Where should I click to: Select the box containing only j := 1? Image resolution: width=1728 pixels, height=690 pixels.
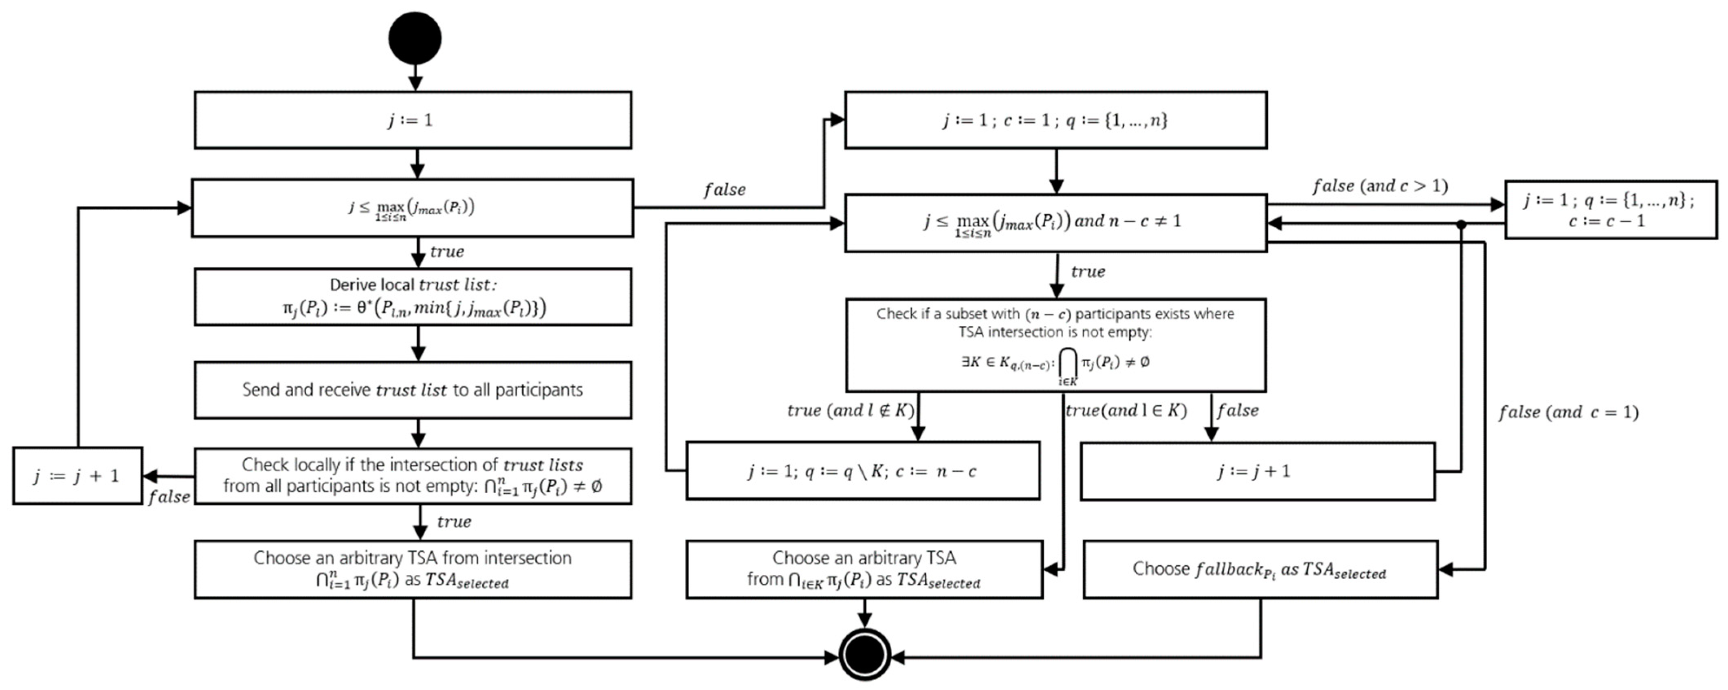(x=413, y=120)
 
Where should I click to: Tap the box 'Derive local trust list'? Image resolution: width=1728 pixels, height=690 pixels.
(x=413, y=297)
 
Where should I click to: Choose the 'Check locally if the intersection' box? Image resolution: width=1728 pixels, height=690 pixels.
(x=413, y=475)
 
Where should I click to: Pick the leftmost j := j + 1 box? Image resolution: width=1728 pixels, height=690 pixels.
(x=77, y=475)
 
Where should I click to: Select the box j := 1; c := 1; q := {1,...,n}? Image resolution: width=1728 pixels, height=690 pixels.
(x=1055, y=120)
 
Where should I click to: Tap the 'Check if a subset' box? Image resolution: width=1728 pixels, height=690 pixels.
(x=1055, y=345)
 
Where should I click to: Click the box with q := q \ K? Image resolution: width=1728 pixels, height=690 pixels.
(x=863, y=471)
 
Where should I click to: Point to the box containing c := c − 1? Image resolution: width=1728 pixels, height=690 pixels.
(x=1610, y=209)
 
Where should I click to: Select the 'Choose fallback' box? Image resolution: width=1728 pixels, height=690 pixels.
(x=1260, y=569)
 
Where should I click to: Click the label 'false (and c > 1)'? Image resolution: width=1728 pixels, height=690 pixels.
(x=1380, y=186)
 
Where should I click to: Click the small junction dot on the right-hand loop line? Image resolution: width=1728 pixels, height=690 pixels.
(x=1461, y=224)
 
